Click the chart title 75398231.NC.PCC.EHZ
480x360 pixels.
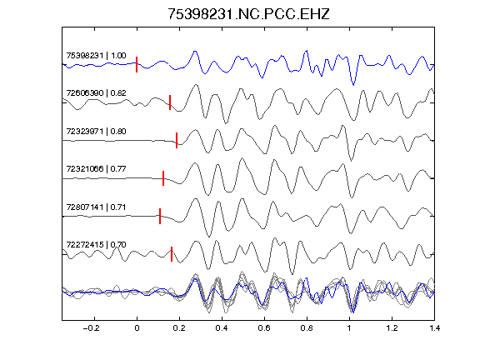point(248,14)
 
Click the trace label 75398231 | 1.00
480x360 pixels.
point(96,55)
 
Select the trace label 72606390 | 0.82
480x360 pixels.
point(96,92)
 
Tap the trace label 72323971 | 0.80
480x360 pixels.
point(96,131)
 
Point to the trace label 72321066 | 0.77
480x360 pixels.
point(96,168)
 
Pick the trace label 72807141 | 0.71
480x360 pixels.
point(96,207)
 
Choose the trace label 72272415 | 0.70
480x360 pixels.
point(96,245)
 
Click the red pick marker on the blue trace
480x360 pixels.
point(137,65)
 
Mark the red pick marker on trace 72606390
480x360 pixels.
point(170,102)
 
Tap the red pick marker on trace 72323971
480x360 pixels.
point(177,140)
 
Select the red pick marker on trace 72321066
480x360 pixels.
point(163,178)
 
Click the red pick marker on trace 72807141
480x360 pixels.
point(160,216)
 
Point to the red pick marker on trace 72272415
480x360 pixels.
point(172,254)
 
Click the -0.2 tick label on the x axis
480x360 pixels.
point(92,328)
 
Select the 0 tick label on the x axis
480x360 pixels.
point(137,328)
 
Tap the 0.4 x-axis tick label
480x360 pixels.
point(222,328)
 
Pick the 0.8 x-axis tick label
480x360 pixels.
point(307,328)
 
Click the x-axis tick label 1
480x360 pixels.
point(349,328)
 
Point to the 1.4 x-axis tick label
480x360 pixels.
point(434,328)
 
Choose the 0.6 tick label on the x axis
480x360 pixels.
point(264,328)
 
